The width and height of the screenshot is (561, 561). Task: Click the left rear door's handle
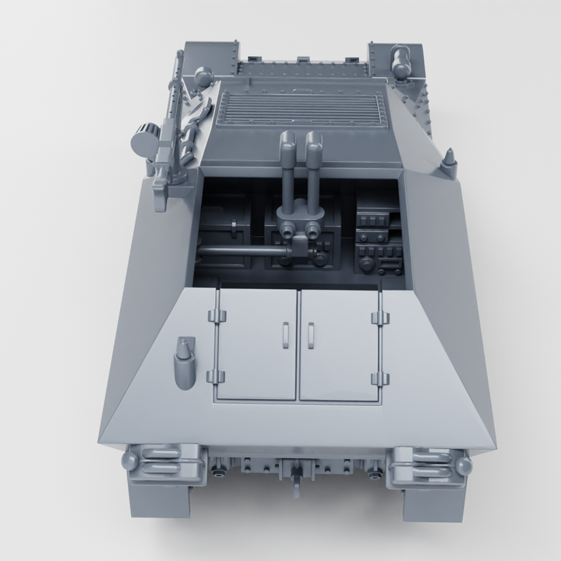click(284, 334)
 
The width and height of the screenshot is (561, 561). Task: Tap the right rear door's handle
click(309, 334)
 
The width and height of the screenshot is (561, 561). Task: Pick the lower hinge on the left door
click(216, 377)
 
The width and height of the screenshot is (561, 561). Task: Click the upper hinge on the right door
click(380, 317)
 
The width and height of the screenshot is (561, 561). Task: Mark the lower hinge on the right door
click(380, 379)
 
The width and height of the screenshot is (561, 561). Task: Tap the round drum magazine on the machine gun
click(144, 140)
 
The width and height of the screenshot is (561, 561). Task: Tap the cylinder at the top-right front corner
click(402, 61)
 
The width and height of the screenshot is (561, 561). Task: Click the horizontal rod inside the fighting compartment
click(242, 252)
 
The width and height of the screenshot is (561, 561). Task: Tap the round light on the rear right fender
click(464, 466)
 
